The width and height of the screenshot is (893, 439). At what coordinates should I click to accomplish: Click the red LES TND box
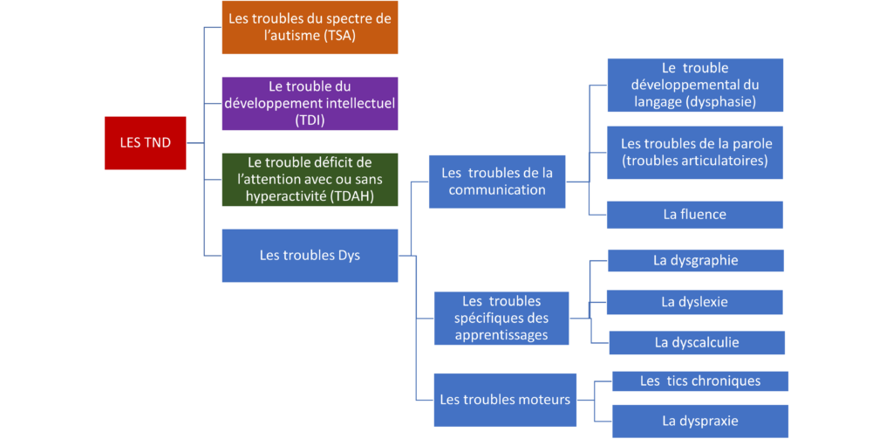coord(146,143)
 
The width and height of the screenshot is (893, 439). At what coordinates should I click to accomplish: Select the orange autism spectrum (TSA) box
coord(310,27)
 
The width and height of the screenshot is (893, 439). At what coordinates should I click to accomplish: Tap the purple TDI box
coord(310,104)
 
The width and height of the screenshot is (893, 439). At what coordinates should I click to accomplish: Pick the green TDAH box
coord(310,180)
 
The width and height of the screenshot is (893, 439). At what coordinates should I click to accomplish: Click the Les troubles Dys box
coord(310,256)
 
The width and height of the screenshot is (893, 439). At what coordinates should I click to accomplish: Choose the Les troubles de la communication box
coord(497,182)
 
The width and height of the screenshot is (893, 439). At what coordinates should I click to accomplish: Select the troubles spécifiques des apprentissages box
coord(501,319)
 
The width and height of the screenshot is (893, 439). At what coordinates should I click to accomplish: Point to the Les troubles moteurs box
coord(505,400)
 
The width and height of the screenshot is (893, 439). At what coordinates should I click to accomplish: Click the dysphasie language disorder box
coord(695,85)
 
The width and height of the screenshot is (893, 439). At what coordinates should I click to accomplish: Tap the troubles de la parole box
coord(695,153)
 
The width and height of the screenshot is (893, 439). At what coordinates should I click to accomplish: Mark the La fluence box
coord(695,215)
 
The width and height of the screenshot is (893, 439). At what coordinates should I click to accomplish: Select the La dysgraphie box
coord(696,261)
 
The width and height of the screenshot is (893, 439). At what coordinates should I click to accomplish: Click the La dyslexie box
coord(695,302)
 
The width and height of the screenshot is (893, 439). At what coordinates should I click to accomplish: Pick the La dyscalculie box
coord(697,343)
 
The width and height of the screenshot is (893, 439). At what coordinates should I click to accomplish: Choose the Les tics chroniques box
coord(700,381)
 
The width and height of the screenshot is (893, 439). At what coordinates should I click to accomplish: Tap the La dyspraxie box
coord(700,422)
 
